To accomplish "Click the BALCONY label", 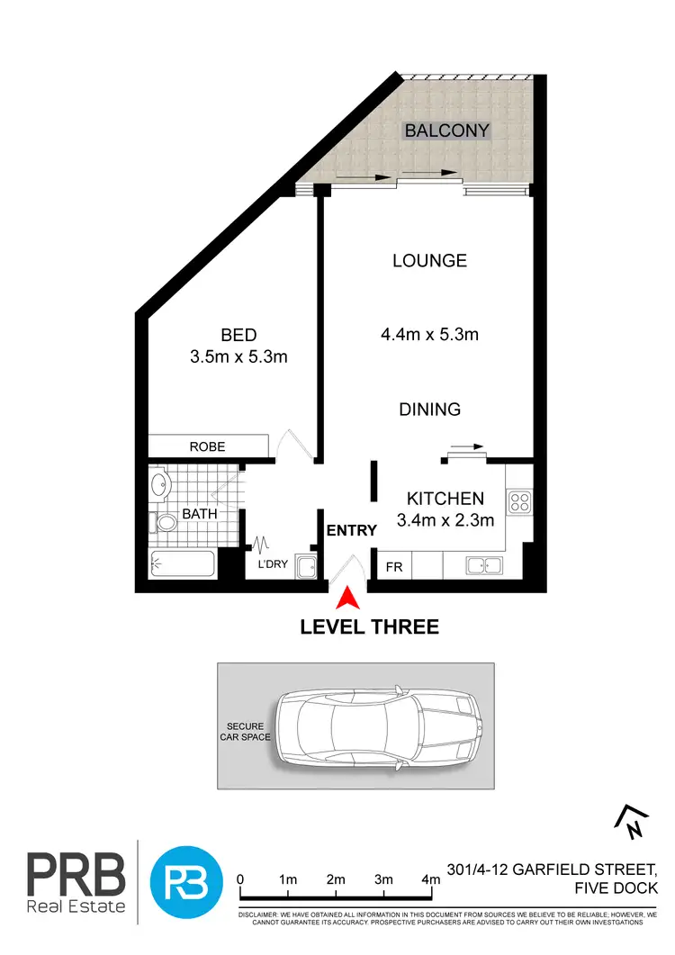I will click(446, 131).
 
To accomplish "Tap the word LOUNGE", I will click(429, 261).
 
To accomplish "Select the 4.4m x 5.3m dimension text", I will click(428, 335).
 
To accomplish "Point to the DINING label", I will click(429, 410).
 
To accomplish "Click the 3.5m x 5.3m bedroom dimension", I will click(238, 357).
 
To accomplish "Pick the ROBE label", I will click(207, 446).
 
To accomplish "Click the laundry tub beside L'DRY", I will click(305, 567).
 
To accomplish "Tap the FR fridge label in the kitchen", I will click(394, 567).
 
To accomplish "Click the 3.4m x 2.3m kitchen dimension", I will click(445, 519).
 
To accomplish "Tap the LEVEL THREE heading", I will click(370, 626).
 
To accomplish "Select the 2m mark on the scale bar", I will click(337, 879).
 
